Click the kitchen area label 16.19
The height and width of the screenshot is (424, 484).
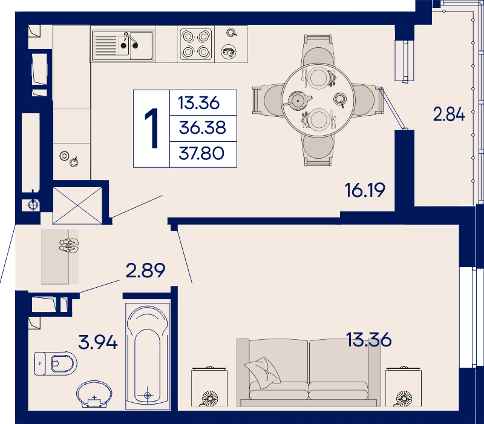365,190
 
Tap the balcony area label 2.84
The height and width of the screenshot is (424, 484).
449,114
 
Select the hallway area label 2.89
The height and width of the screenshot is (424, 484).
145,270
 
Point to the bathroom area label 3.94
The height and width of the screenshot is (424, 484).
98,342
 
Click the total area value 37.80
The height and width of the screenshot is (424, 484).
201,153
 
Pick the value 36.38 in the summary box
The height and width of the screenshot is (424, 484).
203,127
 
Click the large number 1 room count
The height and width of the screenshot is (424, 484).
152,128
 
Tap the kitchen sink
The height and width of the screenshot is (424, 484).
123,46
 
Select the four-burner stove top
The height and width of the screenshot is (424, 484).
195,44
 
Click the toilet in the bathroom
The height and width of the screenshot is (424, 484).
56,363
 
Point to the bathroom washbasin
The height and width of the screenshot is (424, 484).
94,394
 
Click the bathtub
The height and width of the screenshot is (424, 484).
148,356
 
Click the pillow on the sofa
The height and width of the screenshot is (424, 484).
263,372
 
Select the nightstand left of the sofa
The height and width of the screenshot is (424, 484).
209,386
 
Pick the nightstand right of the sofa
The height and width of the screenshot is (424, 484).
404,386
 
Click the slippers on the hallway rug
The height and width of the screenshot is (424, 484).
69,245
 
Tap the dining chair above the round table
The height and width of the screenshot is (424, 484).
318,50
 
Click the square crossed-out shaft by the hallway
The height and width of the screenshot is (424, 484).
77,205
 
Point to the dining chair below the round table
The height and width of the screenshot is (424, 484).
318,150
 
